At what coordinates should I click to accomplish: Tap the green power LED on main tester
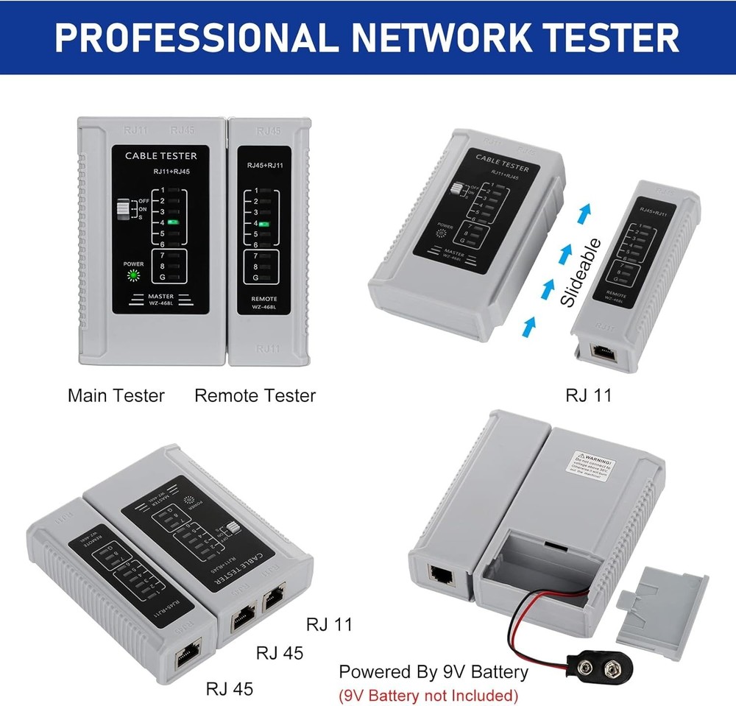(133, 275)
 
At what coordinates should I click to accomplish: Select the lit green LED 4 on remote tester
(263, 223)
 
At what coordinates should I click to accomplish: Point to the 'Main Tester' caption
(116, 395)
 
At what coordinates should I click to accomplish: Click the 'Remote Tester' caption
(255, 395)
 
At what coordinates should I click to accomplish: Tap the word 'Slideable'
(581, 272)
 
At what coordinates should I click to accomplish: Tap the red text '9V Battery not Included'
(428, 694)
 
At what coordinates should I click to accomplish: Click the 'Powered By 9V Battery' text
(433, 671)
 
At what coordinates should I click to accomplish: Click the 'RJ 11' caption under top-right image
(588, 395)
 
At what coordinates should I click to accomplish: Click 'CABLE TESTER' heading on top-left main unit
(160, 155)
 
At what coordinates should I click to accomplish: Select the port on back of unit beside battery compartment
(442, 575)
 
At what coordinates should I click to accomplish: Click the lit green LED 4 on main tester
(174, 221)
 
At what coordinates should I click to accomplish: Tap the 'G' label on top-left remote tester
(255, 278)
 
